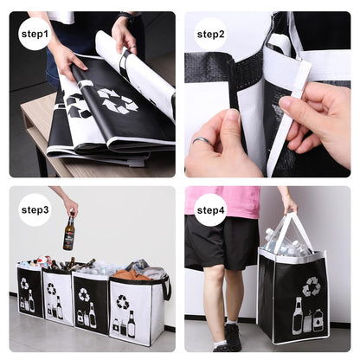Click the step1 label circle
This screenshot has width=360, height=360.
click(x=35, y=34)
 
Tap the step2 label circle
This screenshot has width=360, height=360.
click(x=210, y=34)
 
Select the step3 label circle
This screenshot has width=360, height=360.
click(x=35, y=209)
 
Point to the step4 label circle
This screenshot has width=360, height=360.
click(x=210, y=209)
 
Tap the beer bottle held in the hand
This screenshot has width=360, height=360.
click(x=68, y=233)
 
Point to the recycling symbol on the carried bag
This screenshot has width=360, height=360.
click(x=311, y=286)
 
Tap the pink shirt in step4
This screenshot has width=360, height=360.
click(x=227, y=201)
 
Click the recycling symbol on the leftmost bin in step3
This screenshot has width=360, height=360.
click(x=24, y=283)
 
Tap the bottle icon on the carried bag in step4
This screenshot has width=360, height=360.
click(x=299, y=317)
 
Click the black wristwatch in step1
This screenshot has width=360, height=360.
click(x=126, y=16)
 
